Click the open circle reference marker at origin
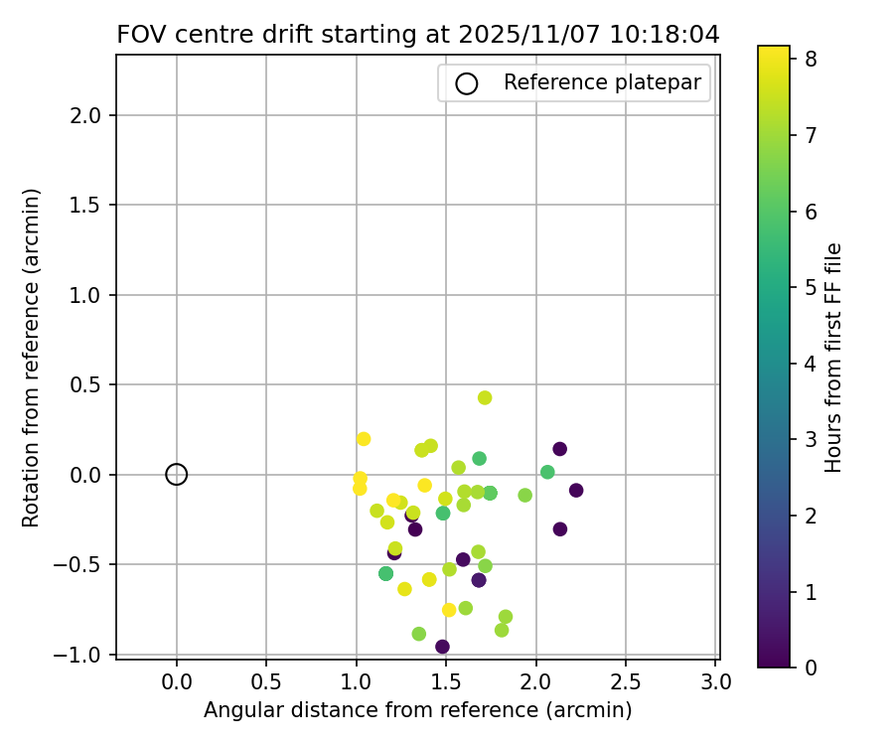pyautogui.click(x=177, y=475)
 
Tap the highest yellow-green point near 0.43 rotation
pyautogui.click(x=485, y=397)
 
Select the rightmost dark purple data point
pyautogui.click(x=576, y=491)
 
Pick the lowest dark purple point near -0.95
pyautogui.click(x=442, y=647)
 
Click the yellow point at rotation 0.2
pyautogui.click(x=364, y=439)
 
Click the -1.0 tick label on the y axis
pyautogui.click(x=85, y=655)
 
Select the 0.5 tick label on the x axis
pyautogui.click(x=266, y=682)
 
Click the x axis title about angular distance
pyautogui.click(x=417, y=710)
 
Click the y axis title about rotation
pyautogui.click(x=32, y=357)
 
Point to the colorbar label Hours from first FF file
pyautogui.click(x=834, y=357)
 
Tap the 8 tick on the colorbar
pyautogui.click(x=811, y=60)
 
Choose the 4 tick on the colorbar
pyautogui.click(x=811, y=364)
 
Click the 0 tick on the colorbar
pyautogui.click(x=811, y=667)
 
